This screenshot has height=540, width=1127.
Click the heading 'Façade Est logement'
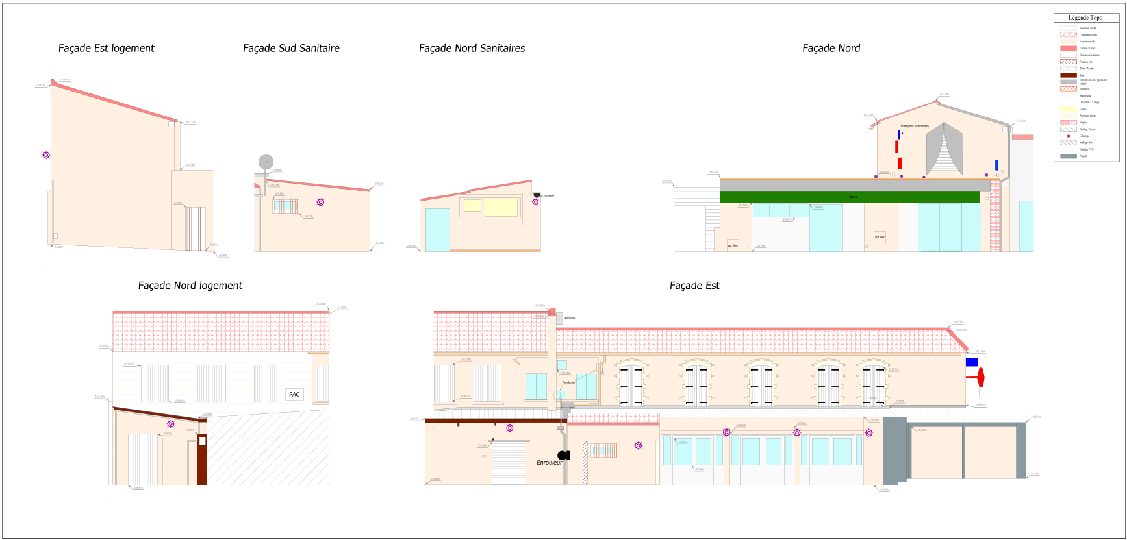tap(107, 49)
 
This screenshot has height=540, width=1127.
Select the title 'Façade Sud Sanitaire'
tap(291, 49)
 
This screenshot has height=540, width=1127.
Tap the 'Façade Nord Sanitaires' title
tap(472, 49)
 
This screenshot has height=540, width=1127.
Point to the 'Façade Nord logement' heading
tap(190, 286)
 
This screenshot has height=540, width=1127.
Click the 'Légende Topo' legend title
tap(1085, 18)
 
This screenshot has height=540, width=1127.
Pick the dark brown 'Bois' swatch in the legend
tap(1069, 75)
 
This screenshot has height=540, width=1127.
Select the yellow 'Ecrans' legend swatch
tap(1069, 109)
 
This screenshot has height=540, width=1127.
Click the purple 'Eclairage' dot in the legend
tap(1069, 136)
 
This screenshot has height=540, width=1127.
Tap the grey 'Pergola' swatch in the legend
tap(1069, 156)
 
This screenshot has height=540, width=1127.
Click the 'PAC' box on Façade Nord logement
tap(294, 395)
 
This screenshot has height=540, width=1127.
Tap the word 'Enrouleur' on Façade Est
tap(549, 463)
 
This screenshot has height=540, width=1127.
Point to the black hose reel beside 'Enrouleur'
tap(563, 456)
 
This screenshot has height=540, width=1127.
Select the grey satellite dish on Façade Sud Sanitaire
tap(266, 162)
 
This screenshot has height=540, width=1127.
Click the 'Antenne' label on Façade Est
tap(570, 318)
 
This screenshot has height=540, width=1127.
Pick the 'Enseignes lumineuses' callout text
tap(915, 126)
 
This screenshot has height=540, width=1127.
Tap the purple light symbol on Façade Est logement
tap(46, 155)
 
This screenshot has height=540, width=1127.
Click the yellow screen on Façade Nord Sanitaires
tap(501, 207)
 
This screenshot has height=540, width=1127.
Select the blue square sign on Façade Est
tap(972, 362)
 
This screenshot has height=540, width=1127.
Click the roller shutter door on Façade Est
tap(509, 463)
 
